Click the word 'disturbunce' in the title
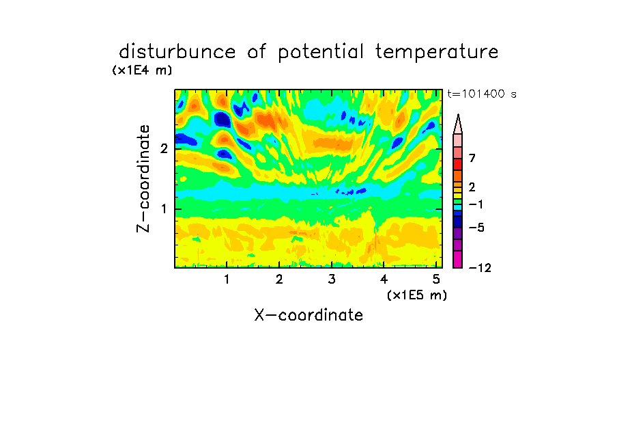[177, 52]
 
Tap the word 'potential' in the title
[321, 53]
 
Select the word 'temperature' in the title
[437, 53]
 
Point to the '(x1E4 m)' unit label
[142, 70]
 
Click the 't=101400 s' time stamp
[482, 94]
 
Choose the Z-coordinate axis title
[143, 178]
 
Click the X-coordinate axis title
[308, 315]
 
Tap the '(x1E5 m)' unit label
[417, 295]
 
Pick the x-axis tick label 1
[227, 280]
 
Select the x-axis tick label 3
[332, 280]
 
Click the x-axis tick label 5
[436, 280]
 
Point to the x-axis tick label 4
[384, 280]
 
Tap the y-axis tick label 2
[164, 148]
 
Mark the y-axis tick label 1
[164, 209]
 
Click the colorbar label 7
[472, 159]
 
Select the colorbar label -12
[480, 268]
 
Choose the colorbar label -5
[476, 228]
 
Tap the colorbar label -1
[476, 204]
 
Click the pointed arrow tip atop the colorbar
[458, 114]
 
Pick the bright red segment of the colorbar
[458, 164]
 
